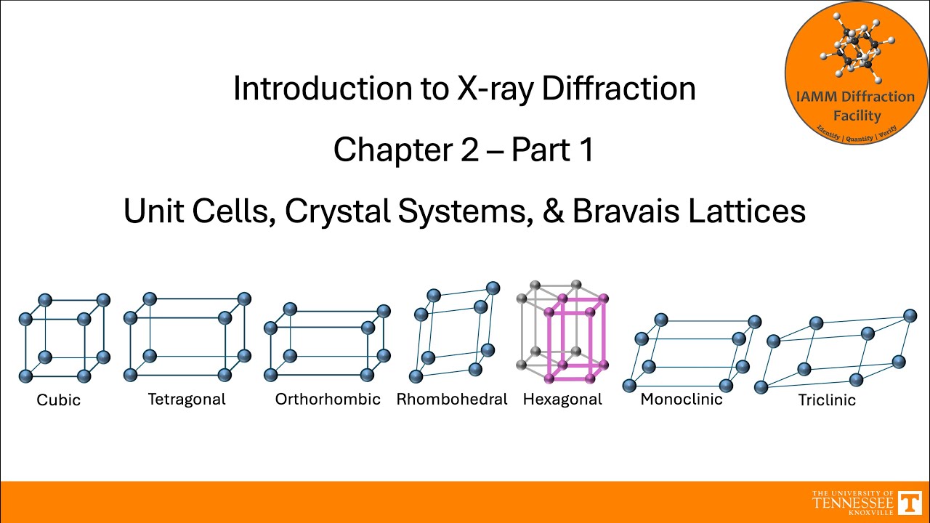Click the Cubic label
point(59,400)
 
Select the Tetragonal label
point(187,399)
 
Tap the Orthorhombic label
point(328,399)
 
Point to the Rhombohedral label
point(452,399)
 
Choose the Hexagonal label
point(562,399)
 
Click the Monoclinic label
point(682,399)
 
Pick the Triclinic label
point(827,400)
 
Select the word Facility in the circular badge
point(857,115)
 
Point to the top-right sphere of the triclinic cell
point(910,316)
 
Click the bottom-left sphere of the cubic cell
point(25,376)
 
